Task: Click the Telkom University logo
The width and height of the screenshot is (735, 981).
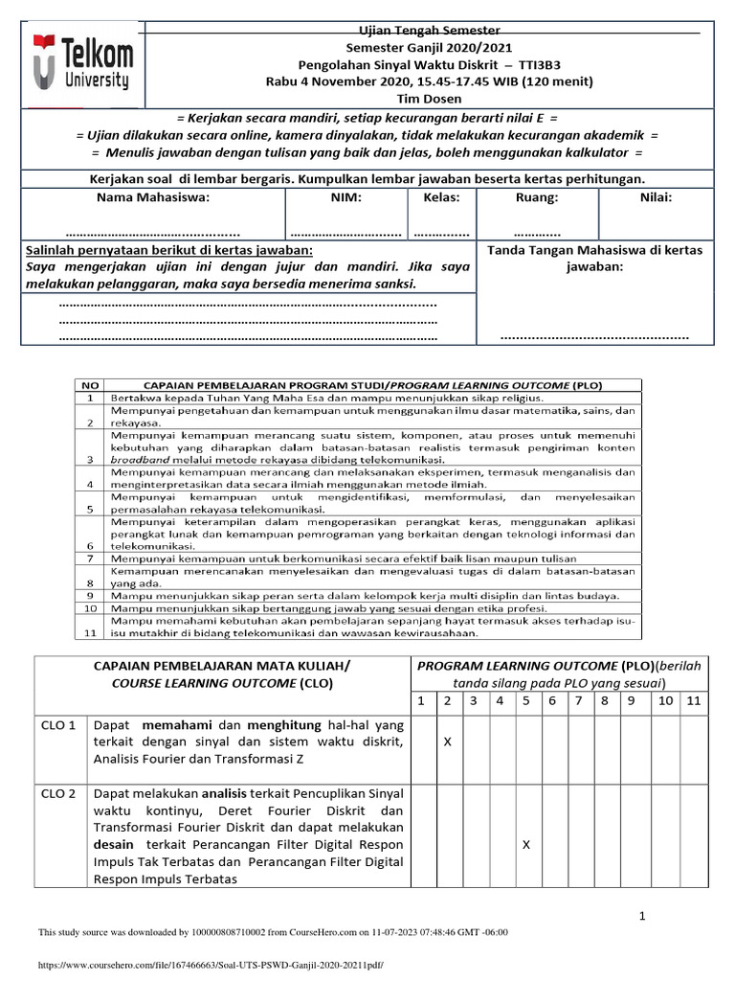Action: pyautogui.click(x=82, y=64)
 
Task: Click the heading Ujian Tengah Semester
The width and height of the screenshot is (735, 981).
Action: pyautogui.click(x=428, y=32)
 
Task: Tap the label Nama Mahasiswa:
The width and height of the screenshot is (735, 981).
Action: pyautogui.click(x=153, y=197)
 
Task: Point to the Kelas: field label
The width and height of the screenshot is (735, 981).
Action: pyautogui.click(x=441, y=197)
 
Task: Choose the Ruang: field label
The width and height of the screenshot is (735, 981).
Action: pyautogui.click(x=537, y=197)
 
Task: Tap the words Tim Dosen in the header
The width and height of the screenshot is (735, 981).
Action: pyautogui.click(x=428, y=98)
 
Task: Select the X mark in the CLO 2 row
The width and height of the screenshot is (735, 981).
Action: pyautogui.click(x=525, y=844)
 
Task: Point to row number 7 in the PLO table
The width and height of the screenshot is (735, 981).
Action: pyautogui.click(x=88, y=558)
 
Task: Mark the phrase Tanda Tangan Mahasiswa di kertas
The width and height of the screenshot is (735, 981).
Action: pyautogui.click(x=594, y=250)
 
